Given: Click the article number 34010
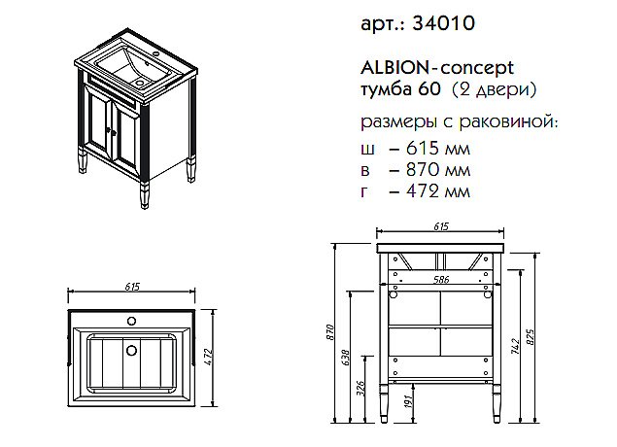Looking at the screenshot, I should coord(445,22).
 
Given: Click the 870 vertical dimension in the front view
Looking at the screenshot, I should coord(330,334).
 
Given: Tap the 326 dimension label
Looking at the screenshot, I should coord(362,391).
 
